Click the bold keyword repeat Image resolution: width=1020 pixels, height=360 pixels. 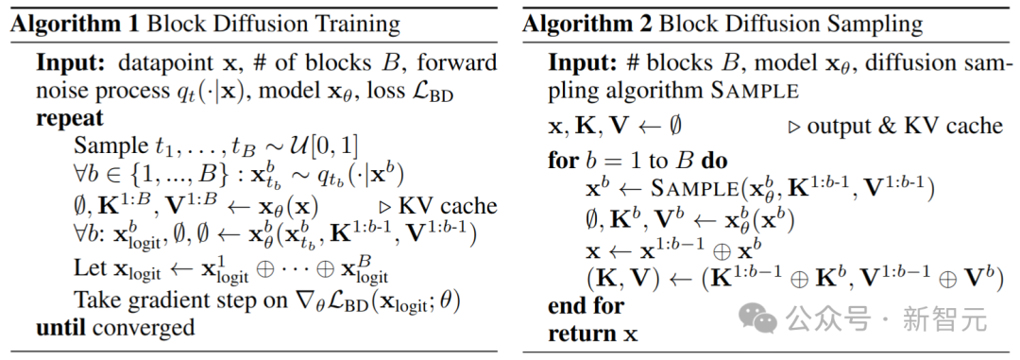click(70, 119)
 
